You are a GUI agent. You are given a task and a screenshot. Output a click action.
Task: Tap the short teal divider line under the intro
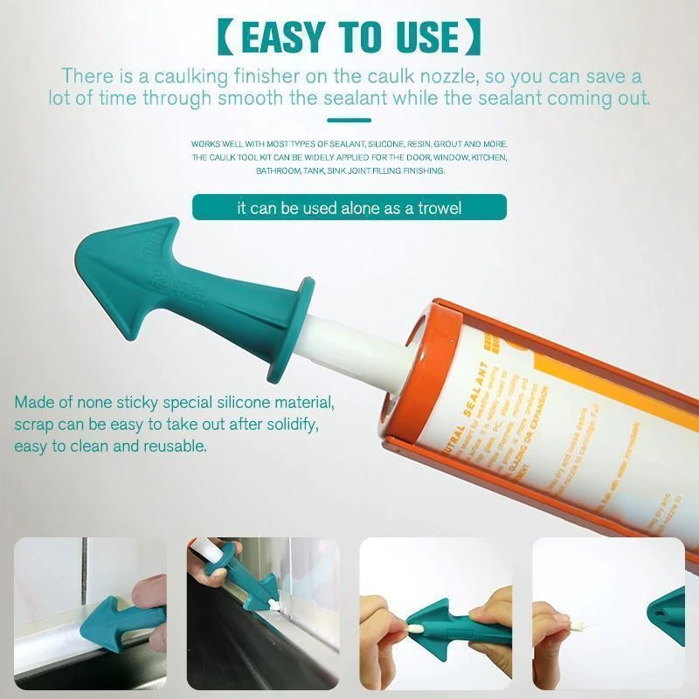point(349,121)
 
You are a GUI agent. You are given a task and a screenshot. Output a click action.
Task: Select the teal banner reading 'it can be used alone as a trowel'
point(349,207)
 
